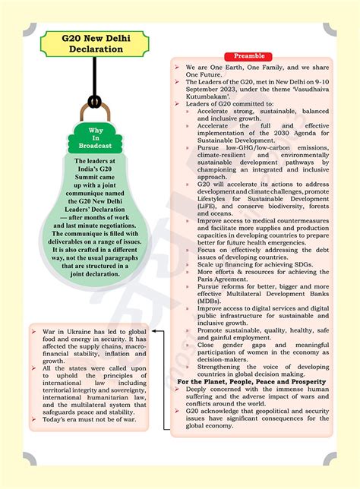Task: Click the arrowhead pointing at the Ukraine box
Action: [x=153, y=331]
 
